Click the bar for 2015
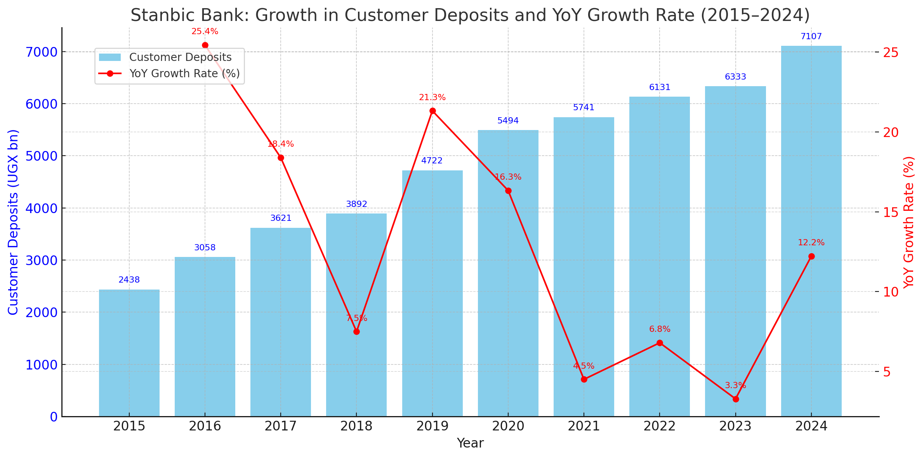pyautogui.click(x=129, y=353)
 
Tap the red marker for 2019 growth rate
pyautogui.click(x=432, y=111)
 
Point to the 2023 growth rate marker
pyautogui.click(x=736, y=399)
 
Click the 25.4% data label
pyautogui.click(x=205, y=32)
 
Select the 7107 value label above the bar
pyautogui.click(x=811, y=37)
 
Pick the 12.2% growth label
pyautogui.click(x=811, y=243)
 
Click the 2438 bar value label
pyautogui.click(x=129, y=280)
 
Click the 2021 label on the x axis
pyautogui.click(x=584, y=426)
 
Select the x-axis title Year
pyautogui.click(x=470, y=443)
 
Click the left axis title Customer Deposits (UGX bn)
pyautogui.click(x=13, y=222)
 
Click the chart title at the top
pyautogui.click(x=470, y=16)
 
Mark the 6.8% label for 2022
pyautogui.click(x=660, y=330)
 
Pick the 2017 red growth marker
pyautogui.click(x=281, y=158)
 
